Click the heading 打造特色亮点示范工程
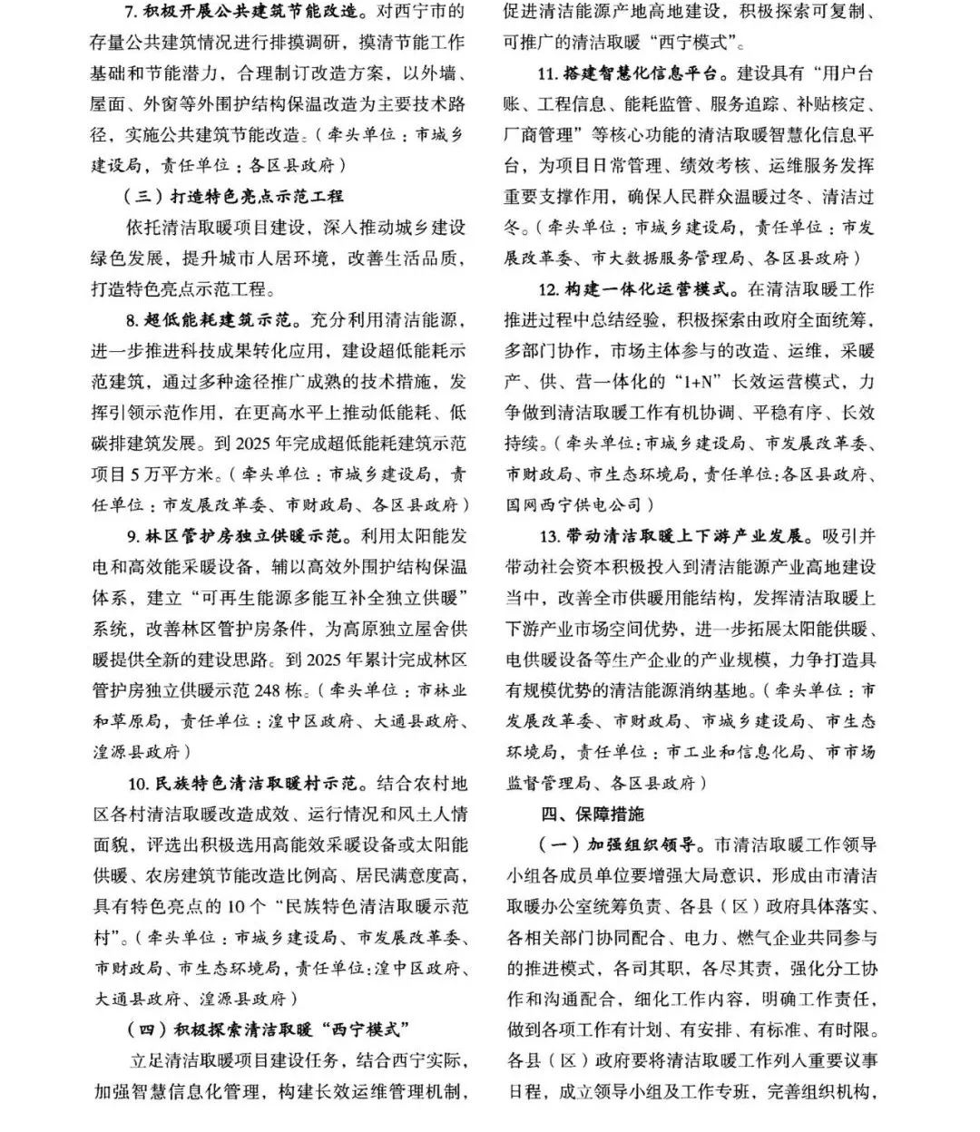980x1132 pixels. [256, 196]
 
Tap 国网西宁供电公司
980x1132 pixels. [573, 504]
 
